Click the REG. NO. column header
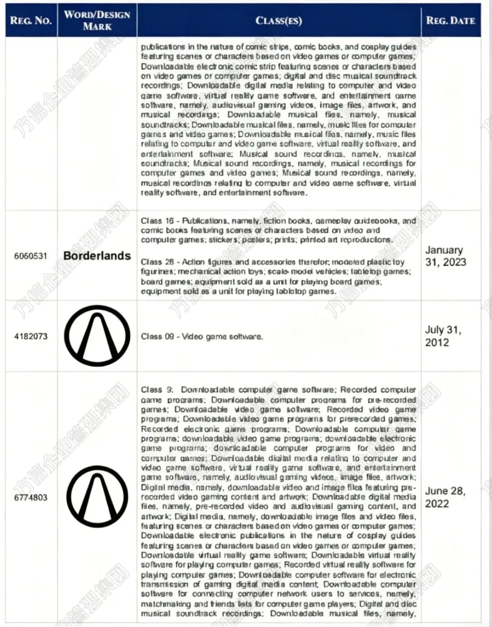pos(31,21)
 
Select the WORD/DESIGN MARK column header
pos(97,21)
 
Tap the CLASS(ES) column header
pos(278,21)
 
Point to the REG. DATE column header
pos(450,21)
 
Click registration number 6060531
pos(31,256)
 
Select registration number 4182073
pos(31,337)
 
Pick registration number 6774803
pos(31,497)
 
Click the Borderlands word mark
pos(97,256)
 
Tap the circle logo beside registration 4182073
pos(97,336)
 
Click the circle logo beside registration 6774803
pos(97,497)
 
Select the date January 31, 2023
pos(445,256)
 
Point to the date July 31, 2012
pos(443,336)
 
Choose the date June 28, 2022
pos(445,497)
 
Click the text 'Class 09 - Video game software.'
pos(202,337)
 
